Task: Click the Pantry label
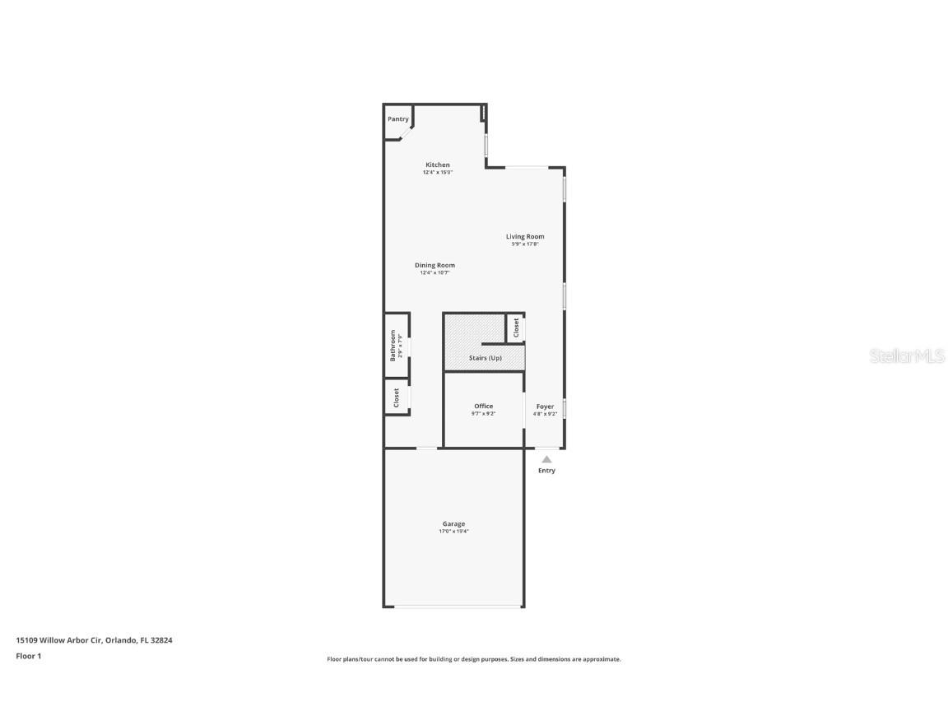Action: pyautogui.click(x=398, y=119)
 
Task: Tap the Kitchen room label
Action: pyautogui.click(x=438, y=165)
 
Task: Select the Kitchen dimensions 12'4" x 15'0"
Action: pyautogui.click(x=438, y=173)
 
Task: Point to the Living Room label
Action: pyautogui.click(x=525, y=236)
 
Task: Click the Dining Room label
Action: pyautogui.click(x=434, y=265)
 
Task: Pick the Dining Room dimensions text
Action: pyautogui.click(x=434, y=272)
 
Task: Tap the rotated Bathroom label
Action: pyautogui.click(x=393, y=345)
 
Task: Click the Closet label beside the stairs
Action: pyautogui.click(x=516, y=328)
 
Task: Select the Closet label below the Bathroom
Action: pyautogui.click(x=396, y=398)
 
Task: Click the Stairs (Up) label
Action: pyautogui.click(x=485, y=358)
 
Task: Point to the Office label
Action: pyautogui.click(x=483, y=406)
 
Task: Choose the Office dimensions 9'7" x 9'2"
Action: pyautogui.click(x=483, y=414)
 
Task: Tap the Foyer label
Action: pyautogui.click(x=545, y=406)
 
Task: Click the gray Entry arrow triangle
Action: pyautogui.click(x=546, y=459)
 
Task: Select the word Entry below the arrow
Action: pyautogui.click(x=546, y=471)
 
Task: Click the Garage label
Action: pyautogui.click(x=453, y=523)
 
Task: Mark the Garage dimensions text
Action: pyautogui.click(x=453, y=532)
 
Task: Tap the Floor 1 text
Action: pyautogui.click(x=28, y=656)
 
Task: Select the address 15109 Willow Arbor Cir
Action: pyautogui.click(x=59, y=639)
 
